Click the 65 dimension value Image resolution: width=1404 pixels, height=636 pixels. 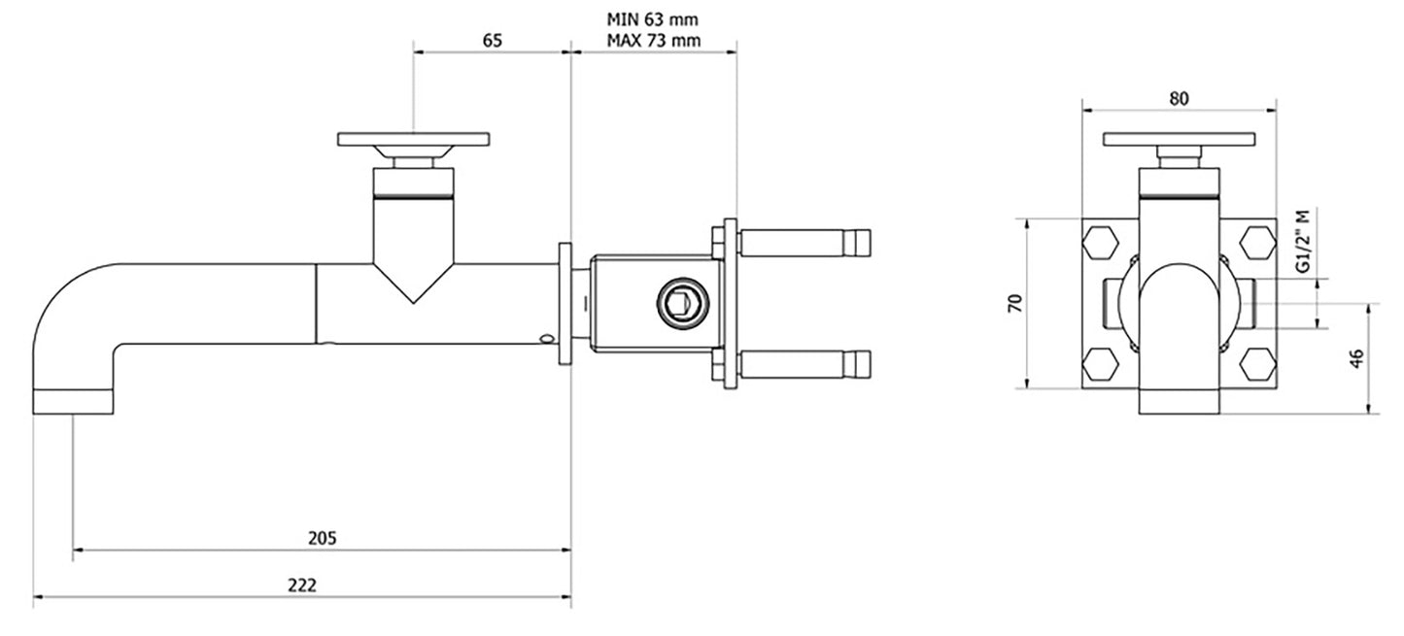(x=492, y=41)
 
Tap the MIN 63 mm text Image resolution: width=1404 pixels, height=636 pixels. (x=653, y=18)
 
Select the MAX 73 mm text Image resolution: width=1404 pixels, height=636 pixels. (x=653, y=41)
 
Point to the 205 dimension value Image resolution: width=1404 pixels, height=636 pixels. (x=322, y=538)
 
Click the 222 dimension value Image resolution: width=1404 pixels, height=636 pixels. (x=302, y=585)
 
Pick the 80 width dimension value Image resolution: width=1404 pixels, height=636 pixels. (x=1179, y=98)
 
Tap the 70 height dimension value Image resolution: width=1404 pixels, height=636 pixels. (x=1014, y=303)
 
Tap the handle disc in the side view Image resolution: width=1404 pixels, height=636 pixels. (x=413, y=139)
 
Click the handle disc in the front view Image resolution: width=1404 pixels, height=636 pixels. (x=1178, y=139)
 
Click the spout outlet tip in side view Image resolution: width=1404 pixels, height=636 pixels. (x=74, y=402)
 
